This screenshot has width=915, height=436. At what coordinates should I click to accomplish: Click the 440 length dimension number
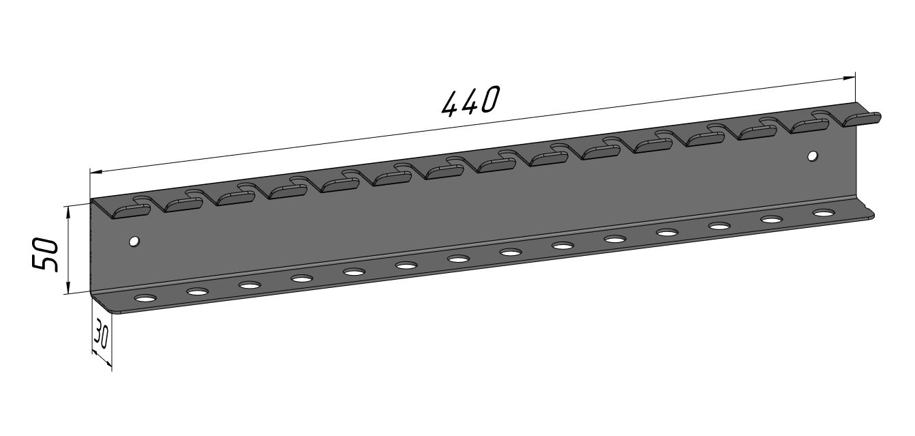(x=470, y=102)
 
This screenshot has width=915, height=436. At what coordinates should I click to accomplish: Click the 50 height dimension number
(x=45, y=255)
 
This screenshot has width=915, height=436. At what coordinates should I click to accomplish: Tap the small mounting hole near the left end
(x=133, y=242)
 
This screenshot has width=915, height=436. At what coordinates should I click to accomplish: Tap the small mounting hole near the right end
(x=813, y=156)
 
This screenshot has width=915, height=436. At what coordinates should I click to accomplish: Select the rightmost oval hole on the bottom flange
(x=824, y=213)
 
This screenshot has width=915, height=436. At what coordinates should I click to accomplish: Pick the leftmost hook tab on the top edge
(x=131, y=209)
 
